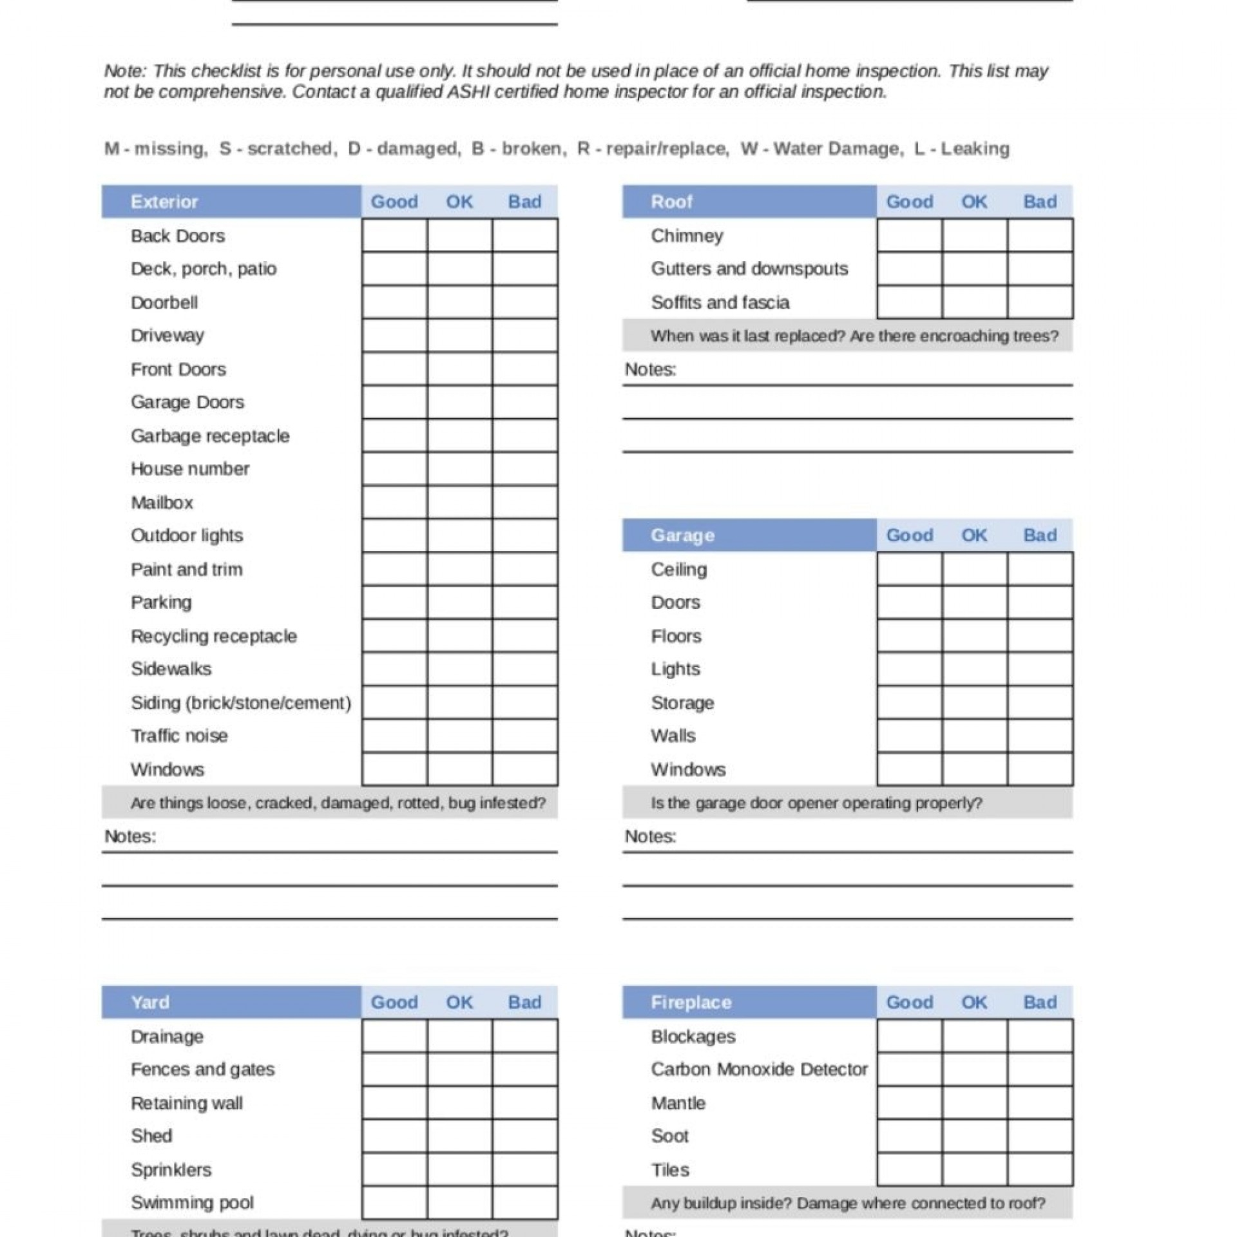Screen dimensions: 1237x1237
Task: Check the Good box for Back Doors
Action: coord(394,235)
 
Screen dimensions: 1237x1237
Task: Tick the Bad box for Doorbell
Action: coord(525,302)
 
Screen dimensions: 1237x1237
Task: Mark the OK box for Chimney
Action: coord(974,235)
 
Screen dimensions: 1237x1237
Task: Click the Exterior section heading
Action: coord(164,202)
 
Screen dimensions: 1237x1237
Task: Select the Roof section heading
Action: coord(671,202)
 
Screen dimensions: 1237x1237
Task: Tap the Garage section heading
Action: coord(682,535)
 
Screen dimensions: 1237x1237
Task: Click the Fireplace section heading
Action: coord(691,1002)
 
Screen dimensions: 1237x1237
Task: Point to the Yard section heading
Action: coord(150,1002)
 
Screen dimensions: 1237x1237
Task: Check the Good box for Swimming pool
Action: coord(394,1203)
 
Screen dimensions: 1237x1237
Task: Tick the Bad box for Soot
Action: coord(1040,1136)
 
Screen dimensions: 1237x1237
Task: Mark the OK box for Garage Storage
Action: coord(974,702)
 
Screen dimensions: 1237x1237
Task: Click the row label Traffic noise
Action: coord(179,736)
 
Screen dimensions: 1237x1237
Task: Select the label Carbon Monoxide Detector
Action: coord(759,1069)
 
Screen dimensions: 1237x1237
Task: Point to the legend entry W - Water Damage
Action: coord(820,149)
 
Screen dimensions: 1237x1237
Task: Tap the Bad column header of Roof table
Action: coord(1040,202)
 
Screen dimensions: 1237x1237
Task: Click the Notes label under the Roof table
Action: coord(650,369)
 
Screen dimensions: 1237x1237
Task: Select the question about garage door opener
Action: coord(816,803)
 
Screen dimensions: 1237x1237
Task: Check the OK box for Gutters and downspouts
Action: coord(974,269)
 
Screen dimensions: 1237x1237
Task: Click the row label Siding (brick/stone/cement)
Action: coord(241,702)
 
